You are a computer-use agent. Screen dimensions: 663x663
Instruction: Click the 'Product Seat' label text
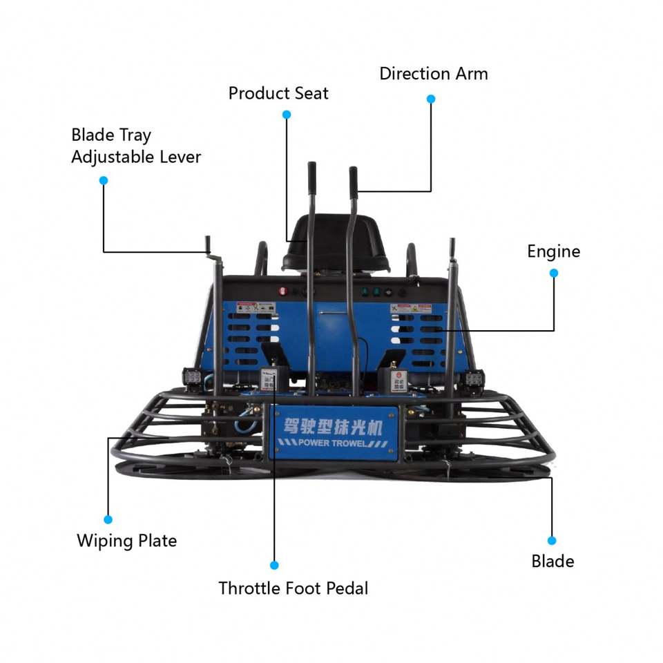[x=278, y=93]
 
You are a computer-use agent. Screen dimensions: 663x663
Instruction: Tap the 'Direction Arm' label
[x=433, y=74]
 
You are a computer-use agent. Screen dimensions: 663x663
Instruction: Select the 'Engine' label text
[x=553, y=251]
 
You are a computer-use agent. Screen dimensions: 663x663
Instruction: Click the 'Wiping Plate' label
[x=126, y=540]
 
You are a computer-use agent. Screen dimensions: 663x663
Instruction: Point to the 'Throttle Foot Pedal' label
[x=293, y=588]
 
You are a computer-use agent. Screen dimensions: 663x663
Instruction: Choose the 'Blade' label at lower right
[x=552, y=561]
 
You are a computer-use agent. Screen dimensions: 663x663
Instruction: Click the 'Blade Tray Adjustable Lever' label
[x=135, y=146]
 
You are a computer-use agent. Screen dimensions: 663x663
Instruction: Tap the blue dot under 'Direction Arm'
[x=431, y=99]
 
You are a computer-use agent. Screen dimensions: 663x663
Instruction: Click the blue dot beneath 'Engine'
[x=553, y=273]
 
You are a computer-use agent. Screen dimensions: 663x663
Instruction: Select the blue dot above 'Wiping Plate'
[x=108, y=519]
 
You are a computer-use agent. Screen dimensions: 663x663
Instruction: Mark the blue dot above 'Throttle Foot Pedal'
[x=274, y=565]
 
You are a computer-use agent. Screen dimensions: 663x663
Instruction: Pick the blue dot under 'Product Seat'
[x=287, y=115]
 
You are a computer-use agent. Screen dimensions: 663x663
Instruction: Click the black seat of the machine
[x=335, y=242]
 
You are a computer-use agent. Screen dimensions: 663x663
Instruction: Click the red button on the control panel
[x=282, y=291]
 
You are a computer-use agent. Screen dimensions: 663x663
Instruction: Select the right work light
[x=474, y=379]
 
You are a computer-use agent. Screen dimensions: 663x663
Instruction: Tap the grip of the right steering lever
[x=353, y=181]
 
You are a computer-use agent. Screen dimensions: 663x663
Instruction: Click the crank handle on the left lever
[x=208, y=245]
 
